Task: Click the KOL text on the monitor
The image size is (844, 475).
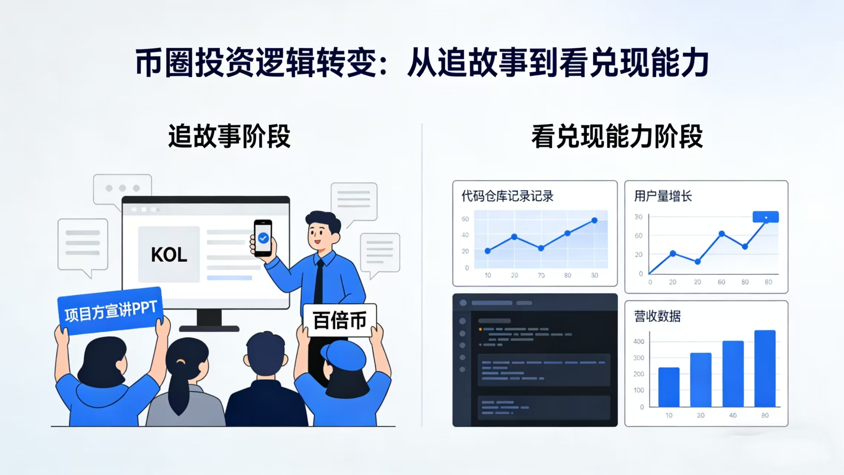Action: click(x=169, y=255)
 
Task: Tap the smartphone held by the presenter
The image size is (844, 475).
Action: click(x=263, y=238)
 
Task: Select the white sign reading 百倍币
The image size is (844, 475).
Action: click(x=339, y=320)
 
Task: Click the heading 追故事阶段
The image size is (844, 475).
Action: click(x=229, y=136)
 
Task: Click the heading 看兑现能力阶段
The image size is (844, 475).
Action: click(x=617, y=136)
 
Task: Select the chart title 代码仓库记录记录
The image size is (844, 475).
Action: click(x=507, y=196)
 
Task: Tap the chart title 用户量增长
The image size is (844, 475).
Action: click(x=663, y=196)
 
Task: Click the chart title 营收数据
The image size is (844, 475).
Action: click(x=657, y=316)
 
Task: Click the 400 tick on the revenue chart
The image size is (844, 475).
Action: click(x=639, y=341)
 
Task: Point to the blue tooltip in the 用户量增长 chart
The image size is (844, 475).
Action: click(x=765, y=217)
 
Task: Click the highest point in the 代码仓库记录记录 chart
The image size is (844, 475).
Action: click(x=594, y=220)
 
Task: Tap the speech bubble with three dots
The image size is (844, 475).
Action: click(x=122, y=188)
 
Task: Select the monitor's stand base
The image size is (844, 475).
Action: click(x=209, y=328)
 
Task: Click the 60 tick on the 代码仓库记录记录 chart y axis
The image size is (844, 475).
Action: click(x=465, y=219)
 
